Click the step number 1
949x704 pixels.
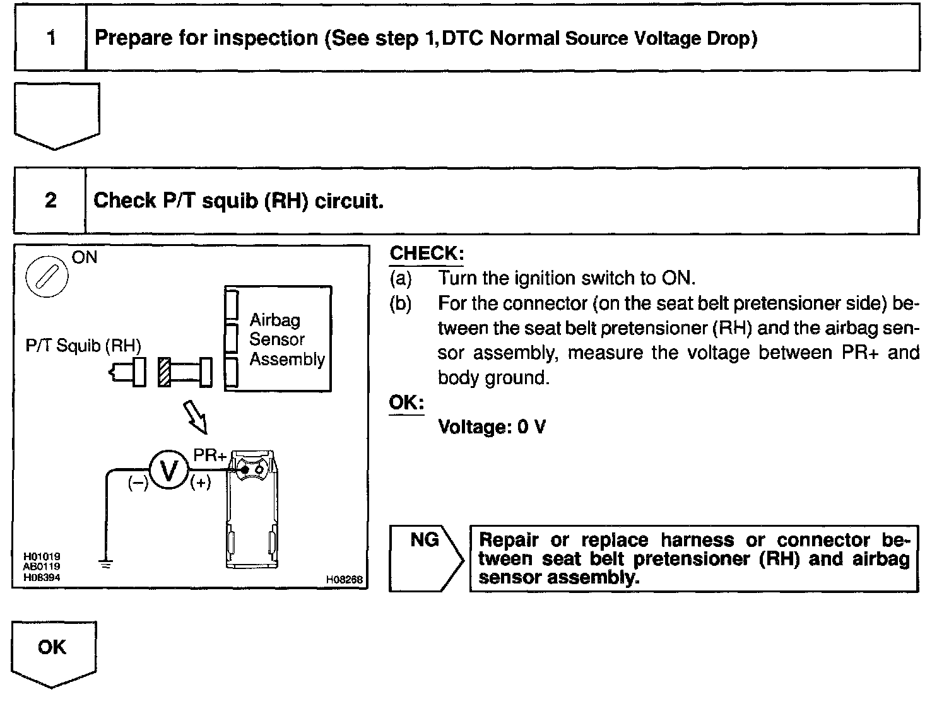tap(51, 38)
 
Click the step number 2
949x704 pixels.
tap(50, 200)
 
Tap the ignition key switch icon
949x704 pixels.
tap(47, 276)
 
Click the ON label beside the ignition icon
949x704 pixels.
tap(85, 257)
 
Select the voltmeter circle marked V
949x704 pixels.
tap(168, 469)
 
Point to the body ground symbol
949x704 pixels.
tap(106, 564)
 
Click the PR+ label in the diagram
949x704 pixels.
tap(209, 455)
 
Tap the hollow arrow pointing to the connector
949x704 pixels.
tap(196, 417)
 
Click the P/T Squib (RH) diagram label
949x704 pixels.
tap(83, 346)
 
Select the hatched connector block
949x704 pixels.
tap(164, 372)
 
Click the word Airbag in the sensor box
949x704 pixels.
tap(274, 320)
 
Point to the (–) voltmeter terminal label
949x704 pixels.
tap(138, 483)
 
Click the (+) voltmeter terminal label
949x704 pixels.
tap(200, 483)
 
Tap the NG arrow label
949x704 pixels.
tap(425, 540)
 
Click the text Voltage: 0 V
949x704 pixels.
tap(492, 427)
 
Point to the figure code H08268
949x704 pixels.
tap(344, 580)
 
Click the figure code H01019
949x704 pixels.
tap(42, 556)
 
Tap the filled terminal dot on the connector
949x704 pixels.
tap(245, 470)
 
